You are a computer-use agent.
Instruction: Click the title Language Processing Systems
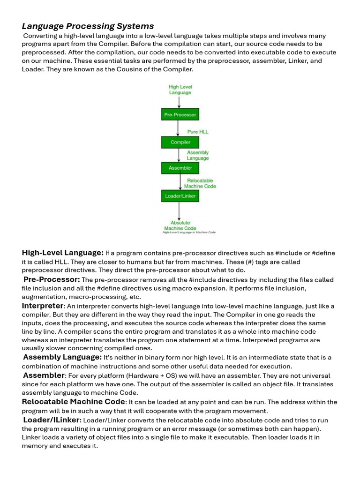(x=88, y=26)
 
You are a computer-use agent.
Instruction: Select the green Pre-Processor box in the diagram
(x=180, y=114)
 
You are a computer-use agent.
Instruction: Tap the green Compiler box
(x=180, y=142)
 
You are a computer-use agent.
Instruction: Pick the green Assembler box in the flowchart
(x=180, y=168)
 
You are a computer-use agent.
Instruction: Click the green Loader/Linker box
(x=180, y=196)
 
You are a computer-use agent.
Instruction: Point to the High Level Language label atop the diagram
(x=180, y=90)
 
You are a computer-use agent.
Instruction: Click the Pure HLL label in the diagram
(x=198, y=132)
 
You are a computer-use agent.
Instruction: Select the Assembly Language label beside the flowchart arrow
(x=198, y=155)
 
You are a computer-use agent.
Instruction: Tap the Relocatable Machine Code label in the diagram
(x=200, y=183)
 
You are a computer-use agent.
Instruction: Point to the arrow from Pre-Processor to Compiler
(x=180, y=128)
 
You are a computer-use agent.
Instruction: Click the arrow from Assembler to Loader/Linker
(x=180, y=182)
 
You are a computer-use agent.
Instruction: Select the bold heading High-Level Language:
(x=62, y=253)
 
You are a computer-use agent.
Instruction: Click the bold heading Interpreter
(x=42, y=306)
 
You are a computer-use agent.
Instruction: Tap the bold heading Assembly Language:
(x=62, y=357)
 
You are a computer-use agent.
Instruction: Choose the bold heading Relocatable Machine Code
(x=73, y=402)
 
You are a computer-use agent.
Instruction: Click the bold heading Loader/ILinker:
(x=52, y=420)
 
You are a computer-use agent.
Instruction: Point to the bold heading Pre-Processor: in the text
(x=52, y=280)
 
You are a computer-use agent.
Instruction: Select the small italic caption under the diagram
(x=189, y=232)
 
